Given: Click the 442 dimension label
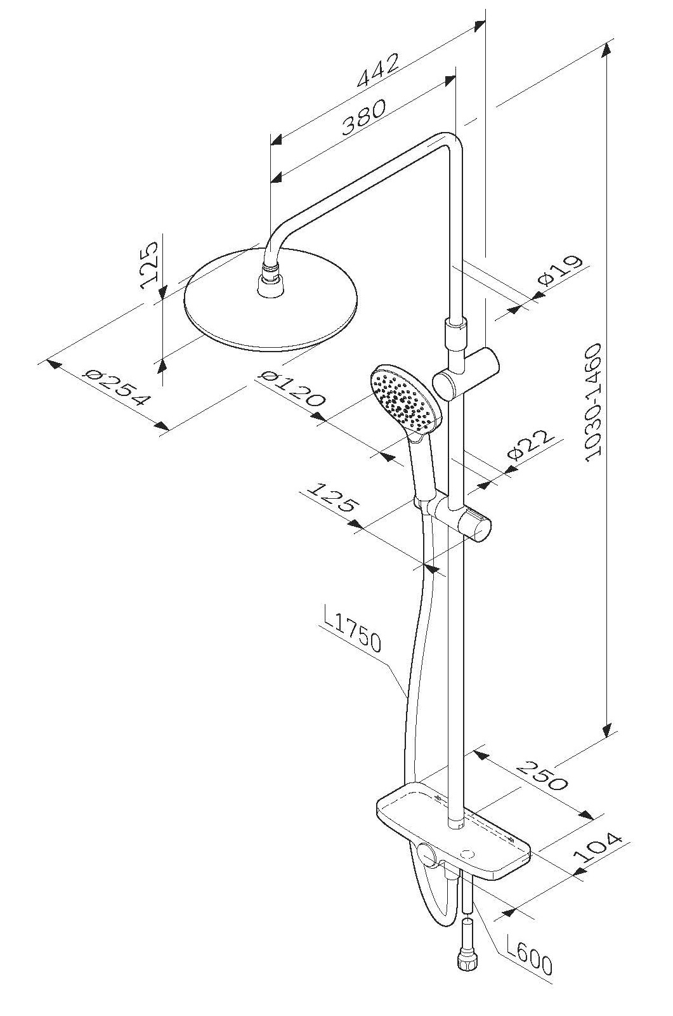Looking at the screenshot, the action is point(378,70).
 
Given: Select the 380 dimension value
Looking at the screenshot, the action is point(363,117).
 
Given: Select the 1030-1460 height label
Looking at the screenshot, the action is point(592,403).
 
